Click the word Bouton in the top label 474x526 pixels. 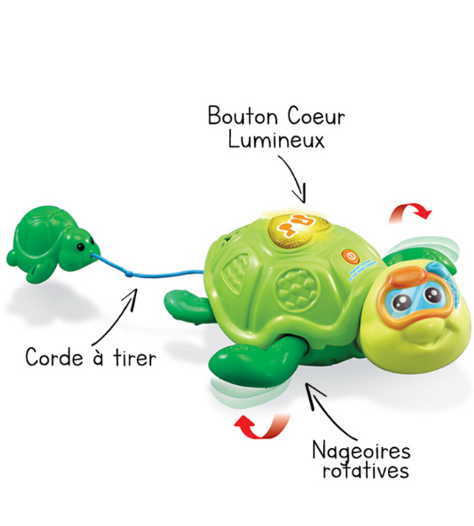(x=242, y=116)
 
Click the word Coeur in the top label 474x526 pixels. (x=316, y=116)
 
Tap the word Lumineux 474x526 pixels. (x=276, y=139)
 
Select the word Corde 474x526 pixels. (x=54, y=357)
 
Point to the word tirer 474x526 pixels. (x=134, y=358)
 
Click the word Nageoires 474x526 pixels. (x=362, y=451)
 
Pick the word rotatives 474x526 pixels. (x=366, y=470)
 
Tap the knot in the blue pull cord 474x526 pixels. (x=128, y=274)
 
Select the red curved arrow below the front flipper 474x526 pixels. (x=262, y=426)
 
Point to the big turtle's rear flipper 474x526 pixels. (x=186, y=303)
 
